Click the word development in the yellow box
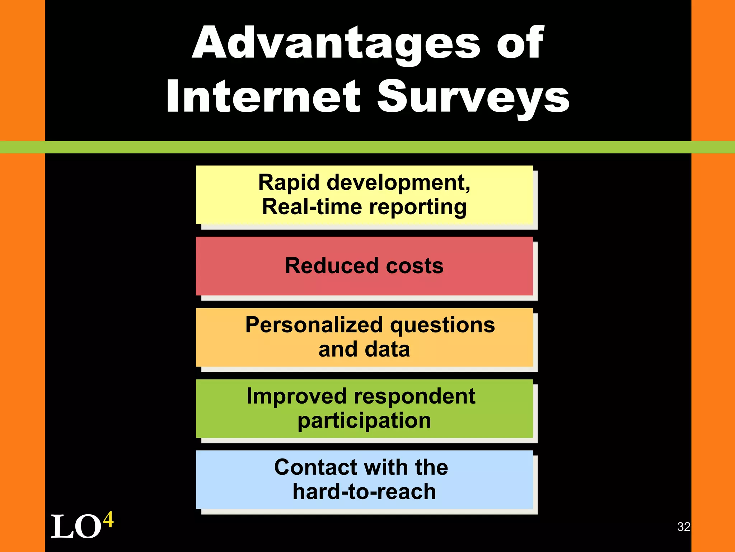pos(398,183)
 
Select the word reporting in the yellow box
pos(418,208)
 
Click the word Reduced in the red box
pos(332,266)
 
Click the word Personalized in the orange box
pos(314,325)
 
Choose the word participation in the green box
pos(364,420)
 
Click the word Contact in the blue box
pos(316,467)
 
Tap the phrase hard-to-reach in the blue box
pos(364,492)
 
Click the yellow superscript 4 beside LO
pos(108,519)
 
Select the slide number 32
pos(684,527)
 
